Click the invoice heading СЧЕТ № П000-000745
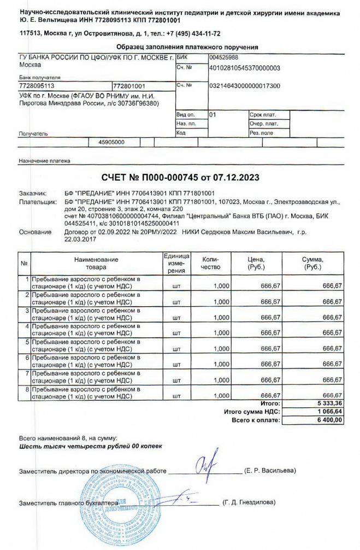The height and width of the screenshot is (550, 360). (x=180, y=178)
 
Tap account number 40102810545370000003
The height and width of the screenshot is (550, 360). (x=245, y=68)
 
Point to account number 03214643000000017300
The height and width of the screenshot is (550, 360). (x=245, y=86)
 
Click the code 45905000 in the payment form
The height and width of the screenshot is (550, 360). (x=111, y=142)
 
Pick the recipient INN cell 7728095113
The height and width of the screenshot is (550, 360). (x=37, y=86)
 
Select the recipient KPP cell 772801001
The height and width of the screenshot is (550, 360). (x=129, y=86)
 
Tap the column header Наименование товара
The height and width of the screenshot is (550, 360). (x=96, y=263)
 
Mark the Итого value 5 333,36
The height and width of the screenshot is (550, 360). (x=328, y=403)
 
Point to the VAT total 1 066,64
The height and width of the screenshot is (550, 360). (x=328, y=412)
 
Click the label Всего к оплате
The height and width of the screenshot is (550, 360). (x=256, y=420)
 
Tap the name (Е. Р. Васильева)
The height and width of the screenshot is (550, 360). (x=270, y=471)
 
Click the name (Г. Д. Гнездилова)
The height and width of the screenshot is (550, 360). (x=249, y=502)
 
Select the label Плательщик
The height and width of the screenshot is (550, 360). (x=38, y=202)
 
